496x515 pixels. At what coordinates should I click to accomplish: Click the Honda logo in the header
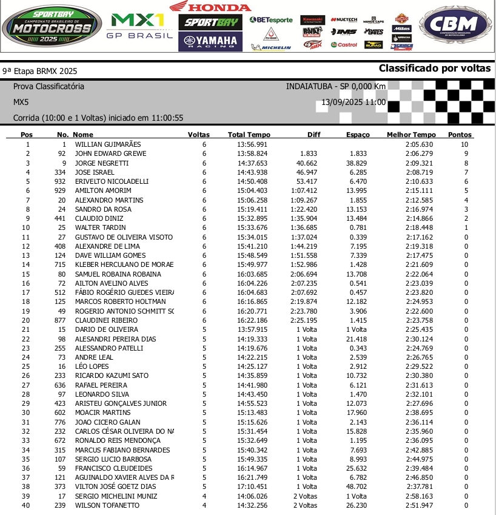point(209,7)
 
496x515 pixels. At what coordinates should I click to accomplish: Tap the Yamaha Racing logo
point(210,41)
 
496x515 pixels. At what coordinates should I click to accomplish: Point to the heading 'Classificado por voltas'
point(434,69)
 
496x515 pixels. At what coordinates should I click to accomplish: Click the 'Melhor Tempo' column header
point(411,135)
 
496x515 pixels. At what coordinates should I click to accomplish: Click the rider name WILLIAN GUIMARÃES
point(107,144)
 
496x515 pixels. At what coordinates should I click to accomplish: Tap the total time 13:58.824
point(252,154)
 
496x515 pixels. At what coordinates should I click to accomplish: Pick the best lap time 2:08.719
point(419,172)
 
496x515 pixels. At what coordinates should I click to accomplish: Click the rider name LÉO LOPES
point(92,366)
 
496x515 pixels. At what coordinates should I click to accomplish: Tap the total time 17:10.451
point(252,486)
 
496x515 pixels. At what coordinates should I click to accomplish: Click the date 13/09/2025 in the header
point(343,103)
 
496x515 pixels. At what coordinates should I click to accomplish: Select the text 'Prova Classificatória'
point(49,86)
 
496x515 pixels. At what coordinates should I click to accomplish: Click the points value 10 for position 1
point(464,144)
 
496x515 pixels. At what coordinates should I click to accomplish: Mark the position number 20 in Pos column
point(26,320)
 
